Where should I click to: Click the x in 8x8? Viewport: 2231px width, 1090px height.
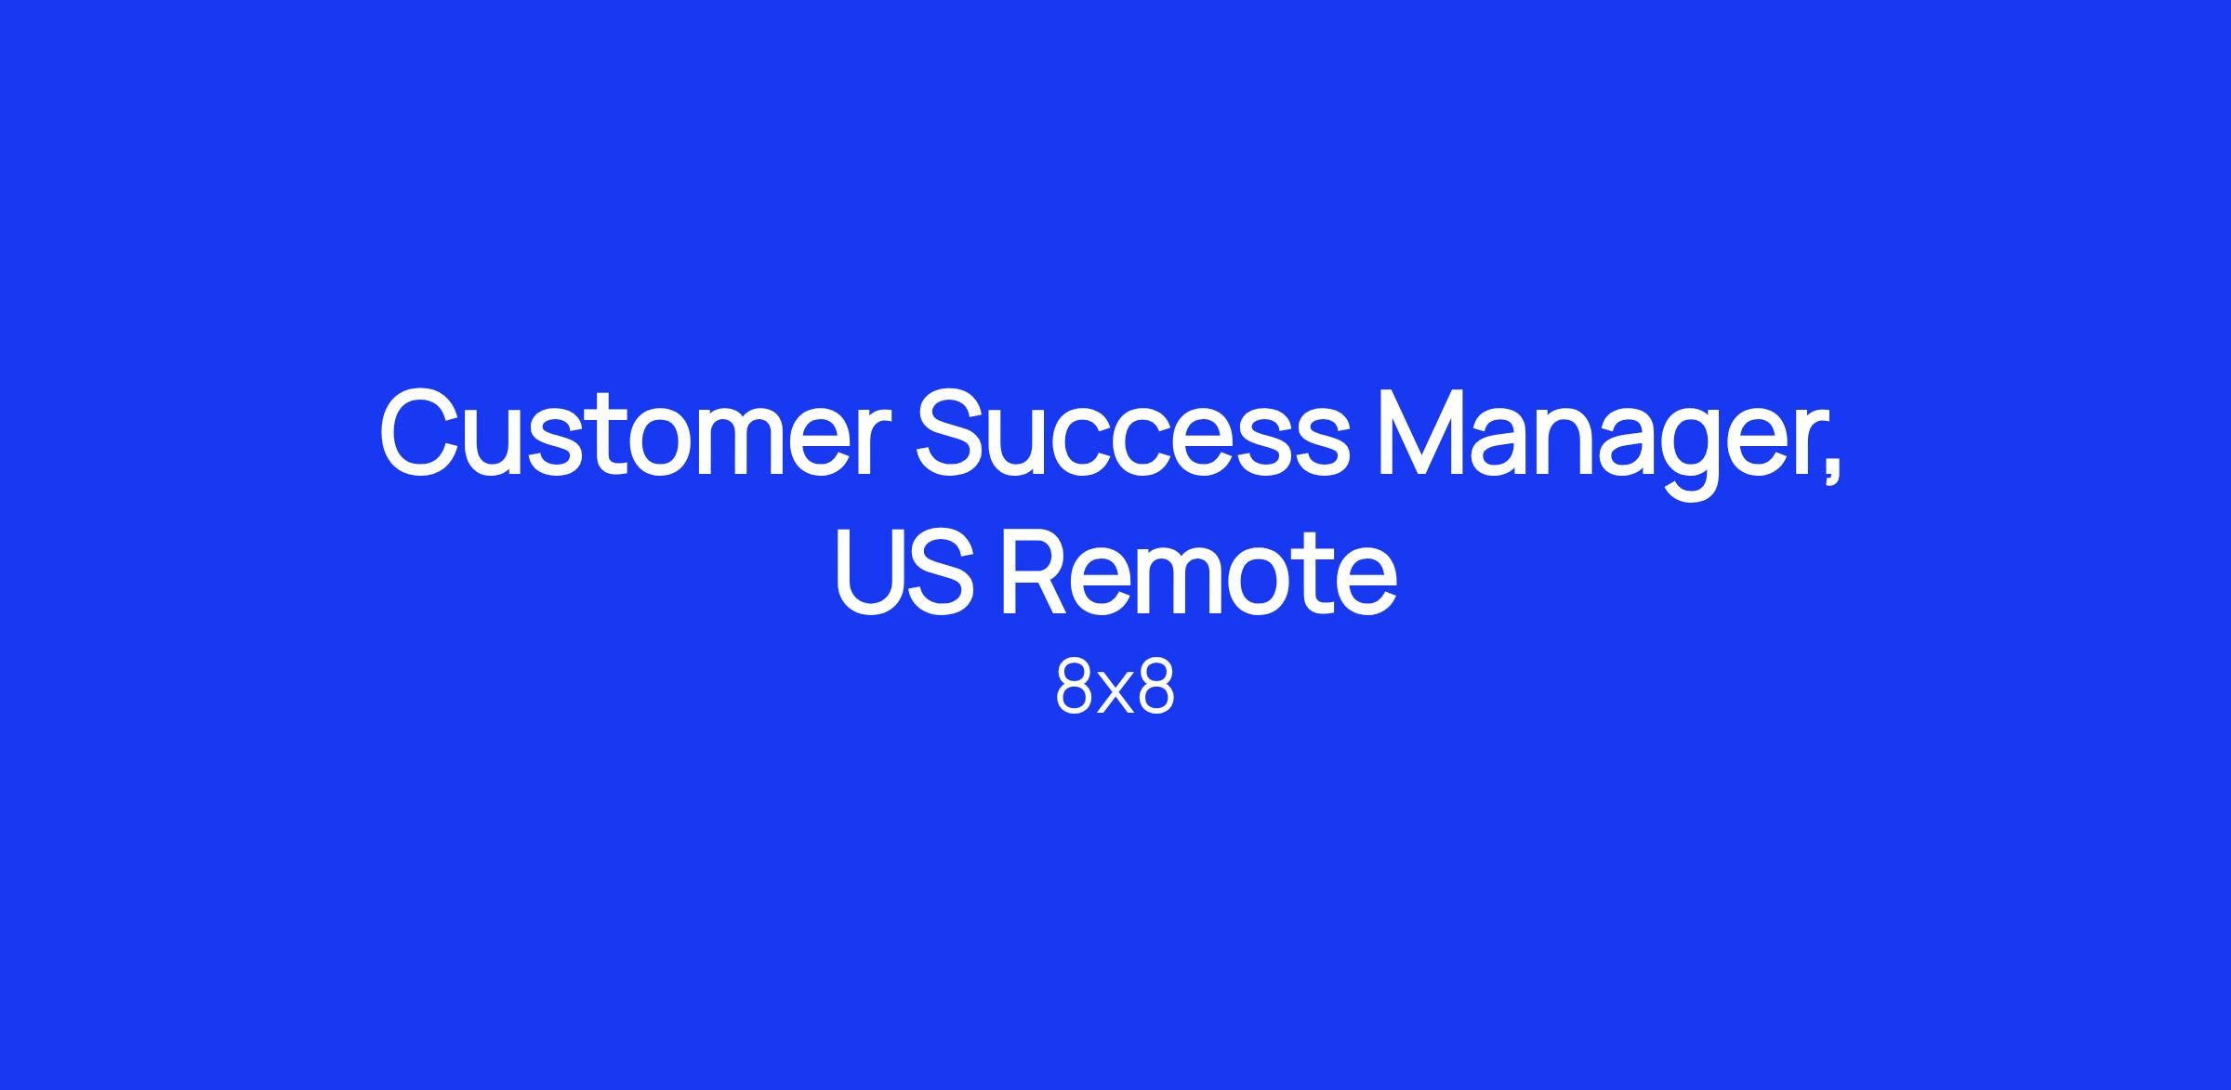click(1115, 695)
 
